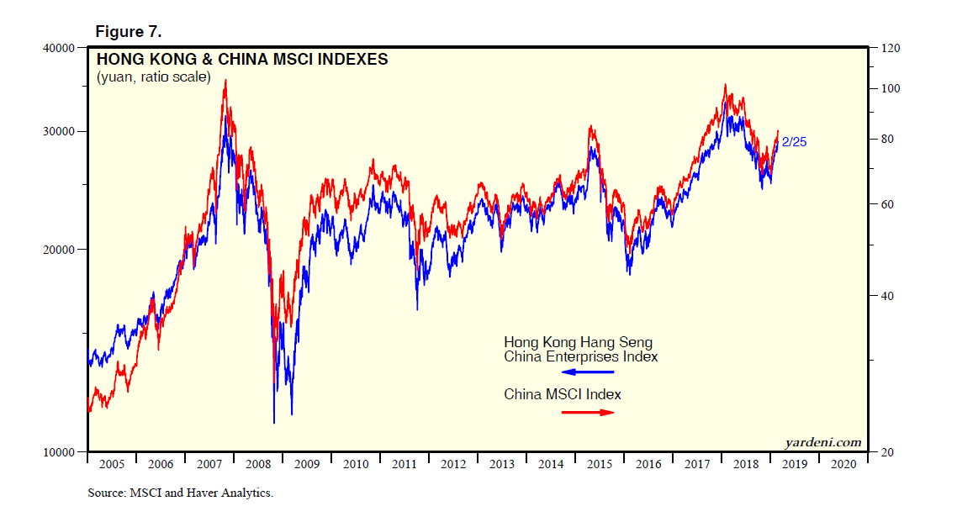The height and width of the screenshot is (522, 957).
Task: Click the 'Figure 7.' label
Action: [128, 32]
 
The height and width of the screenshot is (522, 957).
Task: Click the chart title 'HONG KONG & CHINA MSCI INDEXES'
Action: [242, 60]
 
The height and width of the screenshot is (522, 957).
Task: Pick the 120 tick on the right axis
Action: [891, 48]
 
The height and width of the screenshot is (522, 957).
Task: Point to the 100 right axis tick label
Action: [891, 89]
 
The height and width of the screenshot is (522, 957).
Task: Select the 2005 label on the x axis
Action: [112, 464]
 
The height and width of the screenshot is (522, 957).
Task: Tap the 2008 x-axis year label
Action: [258, 464]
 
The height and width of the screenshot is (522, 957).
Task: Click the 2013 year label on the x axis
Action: [502, 464]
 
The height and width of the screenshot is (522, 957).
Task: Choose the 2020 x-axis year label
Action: [843, 464]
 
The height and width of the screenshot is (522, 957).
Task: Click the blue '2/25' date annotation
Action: [794, 142]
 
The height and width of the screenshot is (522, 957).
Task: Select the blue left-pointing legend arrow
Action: [588, 372]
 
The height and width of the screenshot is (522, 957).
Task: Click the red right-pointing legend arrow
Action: [588, 412]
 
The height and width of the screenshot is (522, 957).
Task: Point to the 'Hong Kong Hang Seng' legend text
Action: [578, 343]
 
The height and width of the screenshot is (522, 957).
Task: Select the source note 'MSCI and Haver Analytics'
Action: [202, 493]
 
